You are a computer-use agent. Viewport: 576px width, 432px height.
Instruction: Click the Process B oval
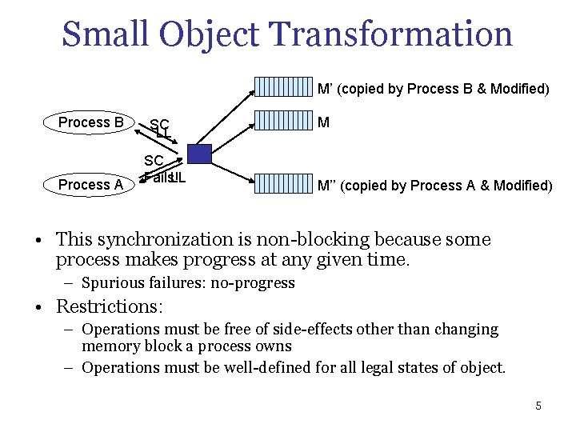[x=90, y=122]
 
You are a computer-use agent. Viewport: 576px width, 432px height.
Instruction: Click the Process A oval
[x=90, y=185]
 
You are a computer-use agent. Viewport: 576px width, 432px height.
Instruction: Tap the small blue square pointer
[x=199, y=154]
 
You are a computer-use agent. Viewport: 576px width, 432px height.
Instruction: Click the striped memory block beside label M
[x=282, y=122]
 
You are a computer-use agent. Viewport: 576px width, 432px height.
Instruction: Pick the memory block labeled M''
[x=282, y=185]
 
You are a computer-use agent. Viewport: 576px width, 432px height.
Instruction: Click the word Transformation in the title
[x=391, y=34]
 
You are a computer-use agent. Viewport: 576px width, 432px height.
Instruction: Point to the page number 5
[x=538, y=406]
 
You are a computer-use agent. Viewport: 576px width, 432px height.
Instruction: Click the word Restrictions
[x=107, y=306]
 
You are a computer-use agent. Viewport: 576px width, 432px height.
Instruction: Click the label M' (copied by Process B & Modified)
[x=433, y=89]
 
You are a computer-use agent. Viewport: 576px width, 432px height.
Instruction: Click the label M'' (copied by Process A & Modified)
[x=434, y=186]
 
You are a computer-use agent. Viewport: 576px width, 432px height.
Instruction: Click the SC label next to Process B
[x=159, y=123]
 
